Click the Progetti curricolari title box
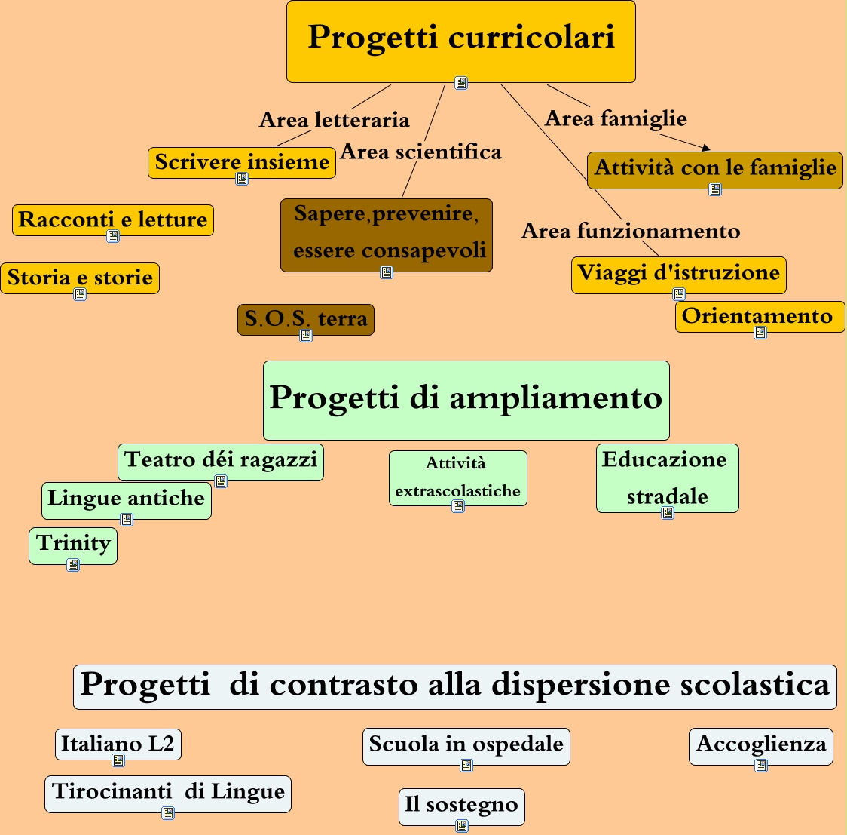tap(460, 38)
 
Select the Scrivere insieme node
tap(242, 162)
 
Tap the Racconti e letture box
tap(113, 219)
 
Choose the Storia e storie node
tap(80, 278)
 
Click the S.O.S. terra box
tap(306, 319)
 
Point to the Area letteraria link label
tap(335, 120)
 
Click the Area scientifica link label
tap(420, 152)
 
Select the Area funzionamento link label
tap(631, 231)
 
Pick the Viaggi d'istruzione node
tap(678, 272)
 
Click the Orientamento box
tap(757, 316)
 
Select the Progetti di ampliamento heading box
tap(466, 398)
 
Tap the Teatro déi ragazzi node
tap(221, 459)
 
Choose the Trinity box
tap(73, 543)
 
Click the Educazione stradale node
tap(667, 477)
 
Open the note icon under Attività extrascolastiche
tap(458, 506)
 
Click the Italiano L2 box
tap(118, 744)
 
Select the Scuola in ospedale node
tap(466, 744)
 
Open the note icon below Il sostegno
tap(462, 826)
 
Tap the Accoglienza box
tap(760, 744)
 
